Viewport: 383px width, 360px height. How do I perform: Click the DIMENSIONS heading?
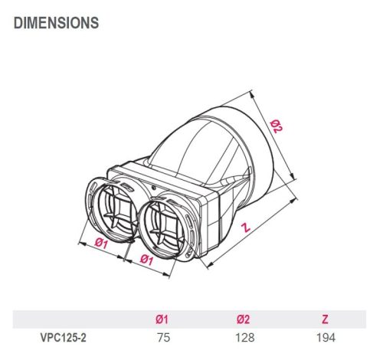pyautogui.click(x=56, y=23)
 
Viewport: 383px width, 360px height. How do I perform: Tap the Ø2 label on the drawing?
pyautogui.click(x=277, y=127)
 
